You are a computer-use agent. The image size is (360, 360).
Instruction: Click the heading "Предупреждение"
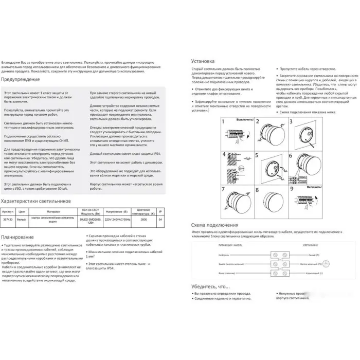tap(21, 80)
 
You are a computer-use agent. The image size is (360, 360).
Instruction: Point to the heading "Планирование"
tap(18, 237)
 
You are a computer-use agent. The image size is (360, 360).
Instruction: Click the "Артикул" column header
tap(8, 211)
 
